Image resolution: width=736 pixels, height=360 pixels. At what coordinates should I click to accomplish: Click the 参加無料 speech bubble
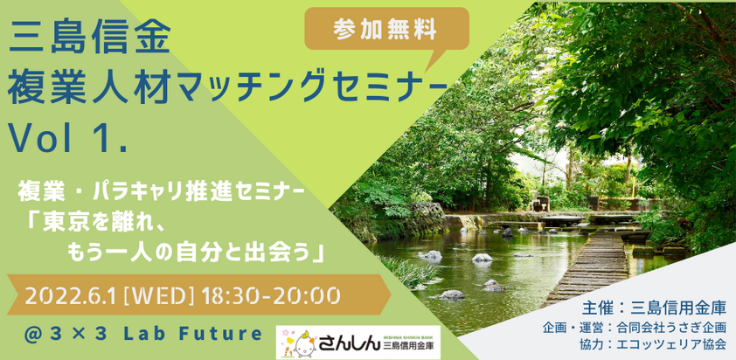coord(386,30)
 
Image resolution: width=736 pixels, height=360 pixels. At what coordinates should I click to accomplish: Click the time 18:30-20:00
coord(270,295)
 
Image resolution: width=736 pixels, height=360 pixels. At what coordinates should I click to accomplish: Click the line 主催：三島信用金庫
coord(655,308)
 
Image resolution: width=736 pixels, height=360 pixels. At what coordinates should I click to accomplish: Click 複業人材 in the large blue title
coord(88,89)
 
